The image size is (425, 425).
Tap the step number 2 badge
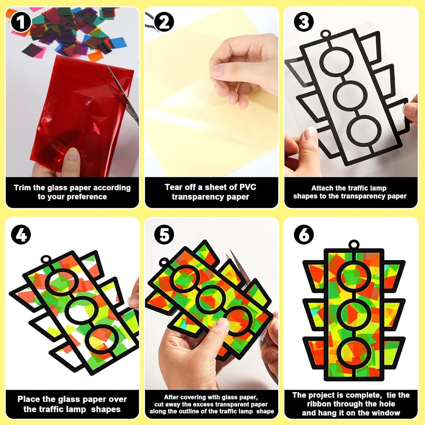pos(164,22)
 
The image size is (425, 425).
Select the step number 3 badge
pos(304,22)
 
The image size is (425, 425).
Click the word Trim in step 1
pos(22,188)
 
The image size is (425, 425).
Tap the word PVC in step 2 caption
pos(248,187)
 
